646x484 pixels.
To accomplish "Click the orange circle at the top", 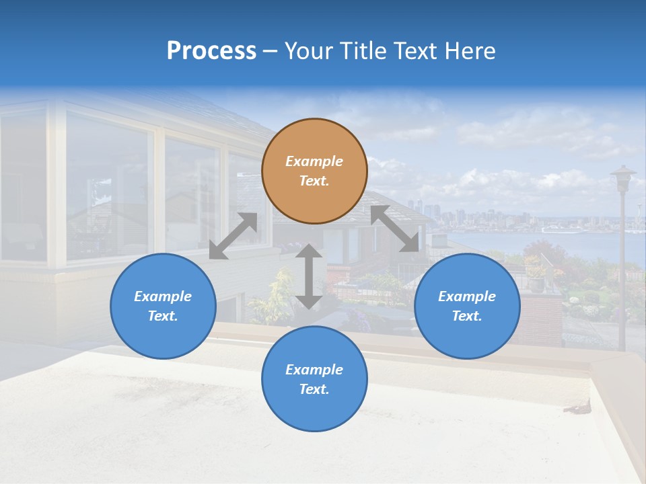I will [x=314, y=171].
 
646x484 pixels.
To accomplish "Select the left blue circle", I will [x=163, y=306].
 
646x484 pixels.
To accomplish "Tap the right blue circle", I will [x=467, y=306].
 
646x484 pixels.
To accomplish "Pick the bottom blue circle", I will [x=314, y=378].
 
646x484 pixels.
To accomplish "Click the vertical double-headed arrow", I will [x=309, y=276].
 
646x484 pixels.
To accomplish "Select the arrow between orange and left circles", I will [x=234, y=236].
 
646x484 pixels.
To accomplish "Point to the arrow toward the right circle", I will [x=395, y=229].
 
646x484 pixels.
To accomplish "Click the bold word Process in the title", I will [x=211, y=51].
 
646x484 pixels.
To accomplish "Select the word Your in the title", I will [x=308, y=51].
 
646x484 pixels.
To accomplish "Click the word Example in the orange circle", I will [x=314, y=161].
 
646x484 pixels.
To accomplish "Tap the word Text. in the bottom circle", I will [x=314, y=389].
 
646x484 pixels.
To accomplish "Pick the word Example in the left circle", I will [x=163, y=296].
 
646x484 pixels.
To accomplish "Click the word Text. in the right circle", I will [x=467, y=316].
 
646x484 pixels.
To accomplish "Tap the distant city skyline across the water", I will [x=471, y=218].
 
